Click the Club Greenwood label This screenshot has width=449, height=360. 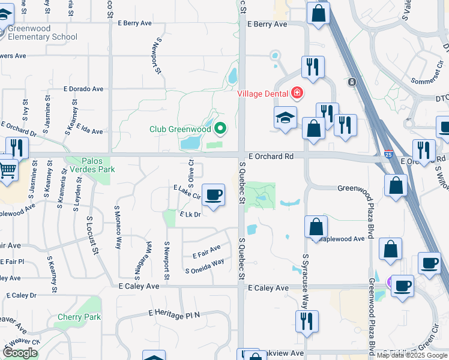point(180,128)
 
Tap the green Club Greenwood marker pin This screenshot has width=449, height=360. point(220,128)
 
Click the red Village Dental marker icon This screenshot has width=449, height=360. point(297,93)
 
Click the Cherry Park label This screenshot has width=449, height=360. point(79,317)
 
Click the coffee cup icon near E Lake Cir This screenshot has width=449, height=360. point(213,194)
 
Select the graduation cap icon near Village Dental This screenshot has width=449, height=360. point(285,118)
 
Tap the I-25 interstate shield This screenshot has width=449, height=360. point(389,154)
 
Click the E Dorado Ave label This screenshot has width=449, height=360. point(83,89)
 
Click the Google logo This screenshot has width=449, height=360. point(20,353)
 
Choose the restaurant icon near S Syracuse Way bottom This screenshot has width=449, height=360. point(306,322)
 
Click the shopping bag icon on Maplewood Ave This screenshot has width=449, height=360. point(316,227)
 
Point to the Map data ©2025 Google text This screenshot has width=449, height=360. point(412,355)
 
